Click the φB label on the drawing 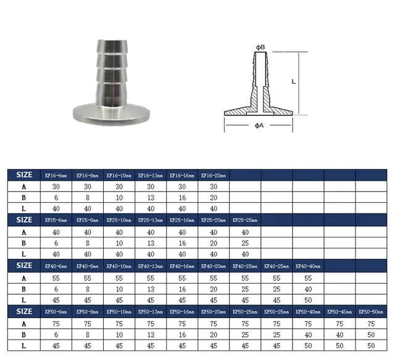(260, 47)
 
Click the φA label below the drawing (259, 126)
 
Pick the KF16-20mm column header (214, 175)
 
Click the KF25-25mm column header (245, 220)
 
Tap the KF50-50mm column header (372, 311)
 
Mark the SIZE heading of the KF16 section (23, 175)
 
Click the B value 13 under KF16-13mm (150, 198)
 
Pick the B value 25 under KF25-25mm (245, 243)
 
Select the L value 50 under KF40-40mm (308, 300)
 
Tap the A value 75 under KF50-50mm (372, 323)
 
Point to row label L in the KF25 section (23, 254)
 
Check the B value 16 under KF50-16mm (182, 335)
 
